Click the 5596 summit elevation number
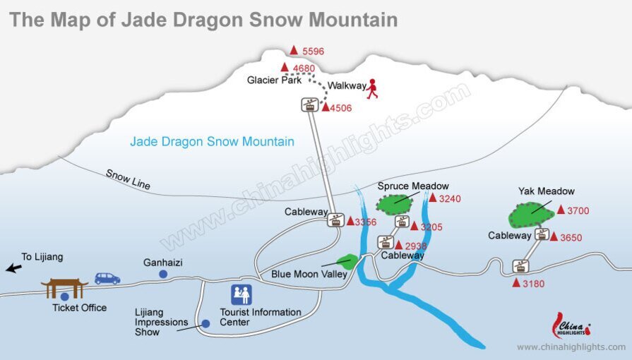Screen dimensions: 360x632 [313, 52]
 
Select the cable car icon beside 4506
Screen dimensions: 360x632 [309, 104]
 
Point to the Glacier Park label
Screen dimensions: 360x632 [273, 80]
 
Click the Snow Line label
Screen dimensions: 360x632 [128, 179]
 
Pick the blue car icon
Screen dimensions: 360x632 [107, 278]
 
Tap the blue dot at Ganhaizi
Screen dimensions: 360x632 [163, 274]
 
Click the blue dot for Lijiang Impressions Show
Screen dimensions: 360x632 [205, 323]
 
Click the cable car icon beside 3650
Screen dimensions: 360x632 [542, 234]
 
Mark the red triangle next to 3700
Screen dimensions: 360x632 [561, 210]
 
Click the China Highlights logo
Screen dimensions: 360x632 [571, 326]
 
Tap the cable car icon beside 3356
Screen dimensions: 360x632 [335, 220]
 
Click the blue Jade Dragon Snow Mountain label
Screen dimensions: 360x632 [212, 142]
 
